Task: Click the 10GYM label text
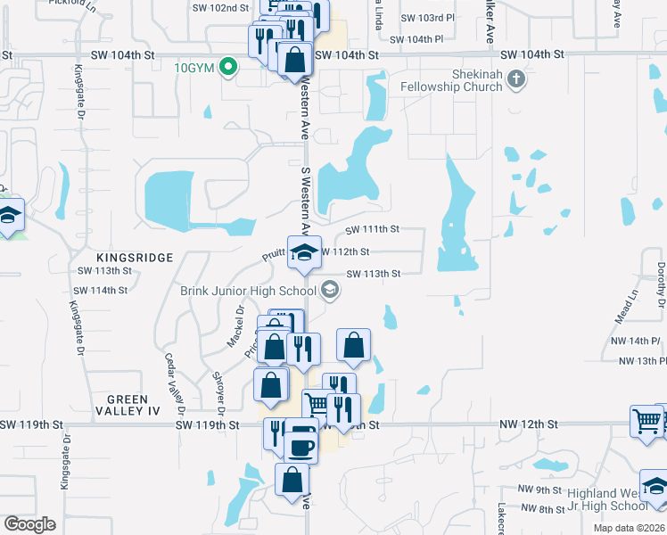(194, 67)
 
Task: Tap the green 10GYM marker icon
(228, 66)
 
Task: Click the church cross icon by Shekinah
(515, 81)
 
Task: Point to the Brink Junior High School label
(248, 290)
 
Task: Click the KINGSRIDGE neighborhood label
(138, 257)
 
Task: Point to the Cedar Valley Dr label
(172, 383)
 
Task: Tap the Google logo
(30, 523)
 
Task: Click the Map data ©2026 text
(629, 528)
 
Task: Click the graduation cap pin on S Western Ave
(304, 252)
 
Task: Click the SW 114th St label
(101, 291)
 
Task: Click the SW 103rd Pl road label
(428, 18)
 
